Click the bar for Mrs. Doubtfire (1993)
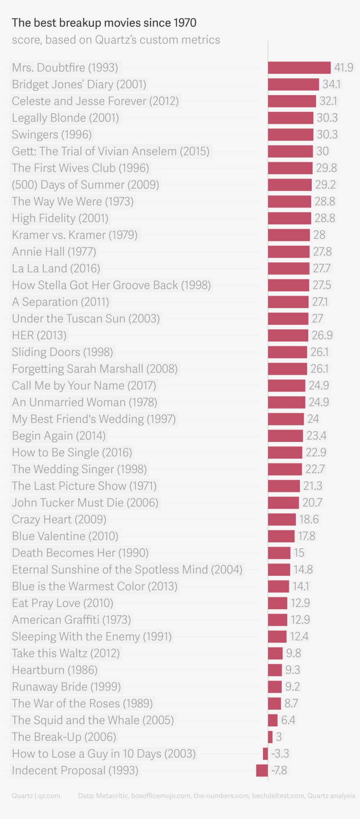coord(299,68)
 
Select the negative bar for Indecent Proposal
coord(262,770)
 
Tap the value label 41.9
coord(344,68)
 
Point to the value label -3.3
coord(280,754)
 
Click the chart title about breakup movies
coord(104,23)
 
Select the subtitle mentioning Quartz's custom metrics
coord(116,40)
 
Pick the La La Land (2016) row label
coord(56,268)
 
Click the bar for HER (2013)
coord(288,335)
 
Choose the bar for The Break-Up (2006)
coord(270,737)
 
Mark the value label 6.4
coord(288,720)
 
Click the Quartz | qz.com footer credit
coord(36,796)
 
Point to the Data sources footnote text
coord(216,796)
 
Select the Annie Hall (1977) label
coord(54,251)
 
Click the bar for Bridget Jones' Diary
coord(293,84)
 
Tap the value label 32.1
coord(328,101)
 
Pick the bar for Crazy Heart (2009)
coord(282,519)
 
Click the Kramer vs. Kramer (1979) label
coord(75,235)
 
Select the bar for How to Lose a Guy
coord(266,754)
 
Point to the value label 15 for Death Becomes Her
coord(299,553)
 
